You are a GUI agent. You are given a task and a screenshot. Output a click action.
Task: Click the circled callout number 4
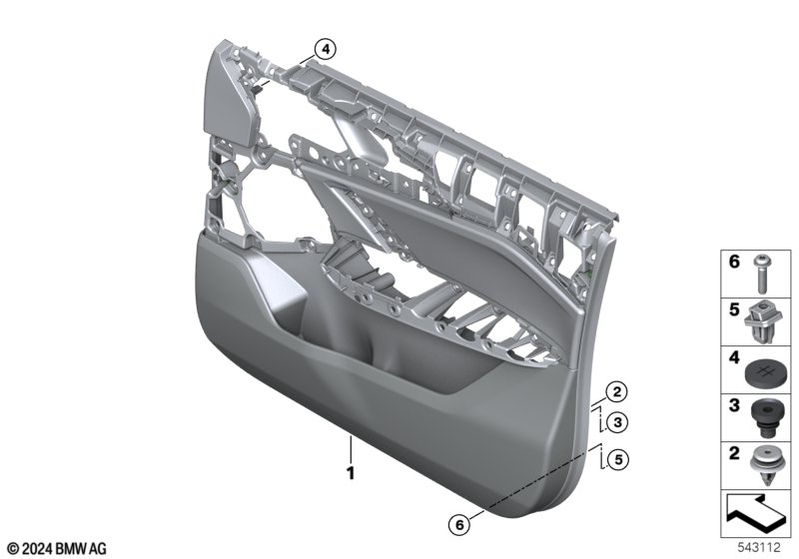pos(326,49)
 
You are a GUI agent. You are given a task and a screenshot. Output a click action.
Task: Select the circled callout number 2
pos(616,392)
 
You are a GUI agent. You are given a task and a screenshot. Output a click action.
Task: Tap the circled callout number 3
pos(617,422)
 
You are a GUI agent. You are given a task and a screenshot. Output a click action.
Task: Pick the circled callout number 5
pos(618,460)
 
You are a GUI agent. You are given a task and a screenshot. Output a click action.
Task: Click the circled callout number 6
pos(459,524)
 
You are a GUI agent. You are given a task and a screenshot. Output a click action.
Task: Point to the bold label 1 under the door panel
pos(351,473)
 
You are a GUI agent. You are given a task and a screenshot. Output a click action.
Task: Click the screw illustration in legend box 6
pos(762,274)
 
